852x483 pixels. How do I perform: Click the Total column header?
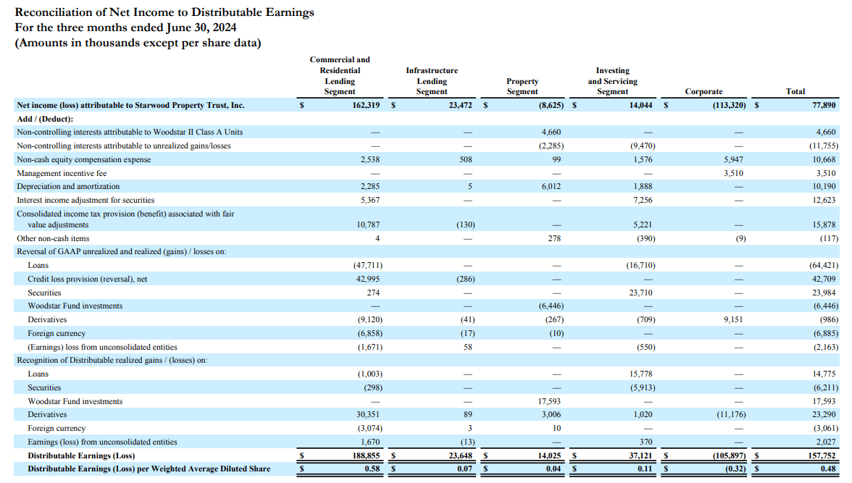(795, 91)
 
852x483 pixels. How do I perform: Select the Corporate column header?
(703, 91)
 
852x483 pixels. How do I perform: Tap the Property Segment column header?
(522, 86)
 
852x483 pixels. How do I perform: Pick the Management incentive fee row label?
(61, 173)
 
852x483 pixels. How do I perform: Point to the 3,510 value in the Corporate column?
(732, 173)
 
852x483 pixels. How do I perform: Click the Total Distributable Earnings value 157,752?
(822, 455)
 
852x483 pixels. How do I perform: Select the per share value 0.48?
(829, 469)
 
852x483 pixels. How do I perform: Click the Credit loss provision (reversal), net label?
(87, 279)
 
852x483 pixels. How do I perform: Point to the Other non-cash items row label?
(53, 238)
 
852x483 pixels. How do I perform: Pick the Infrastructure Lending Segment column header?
(432, 81)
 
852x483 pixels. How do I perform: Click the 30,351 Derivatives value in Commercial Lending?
(368, 414)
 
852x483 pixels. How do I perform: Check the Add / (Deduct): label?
(45, 119)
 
